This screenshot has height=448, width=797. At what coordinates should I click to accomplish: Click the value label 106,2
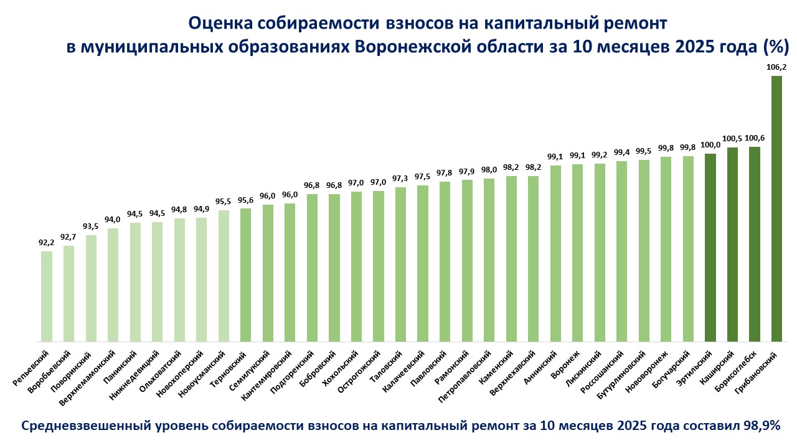click(x=776, y=67)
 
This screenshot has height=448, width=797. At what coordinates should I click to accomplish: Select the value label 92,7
click(x=68, y=237)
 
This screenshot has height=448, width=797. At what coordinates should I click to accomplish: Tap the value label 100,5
click(x=732, y=138)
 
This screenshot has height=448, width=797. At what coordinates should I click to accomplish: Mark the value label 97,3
click(x=400, y=179)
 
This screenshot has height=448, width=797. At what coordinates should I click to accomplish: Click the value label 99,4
click(x=621, y=152)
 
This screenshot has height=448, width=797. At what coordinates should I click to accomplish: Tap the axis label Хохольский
click(x=343, y=370)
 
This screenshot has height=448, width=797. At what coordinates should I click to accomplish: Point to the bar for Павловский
click(x=445, y=261)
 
